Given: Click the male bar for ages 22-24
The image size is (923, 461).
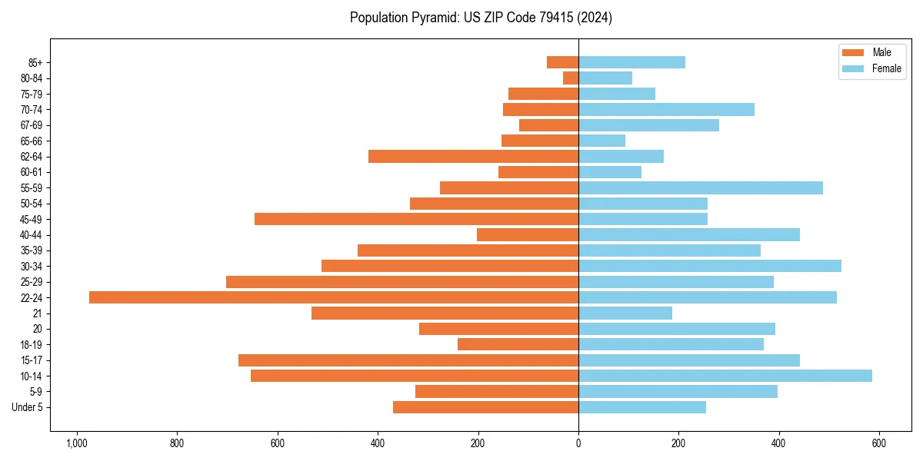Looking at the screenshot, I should click(x=334, y=297).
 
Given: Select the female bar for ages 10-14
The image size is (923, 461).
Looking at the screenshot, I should click(x=725, y=376).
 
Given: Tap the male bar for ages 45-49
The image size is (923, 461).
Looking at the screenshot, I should click(x=416, y=219).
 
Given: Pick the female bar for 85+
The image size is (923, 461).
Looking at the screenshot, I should click(x=631, y=62).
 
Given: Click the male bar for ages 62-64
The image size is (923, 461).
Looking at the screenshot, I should click(x=473, y=156).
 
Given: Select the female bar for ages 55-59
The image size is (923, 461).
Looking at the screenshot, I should click(x=701, y=187).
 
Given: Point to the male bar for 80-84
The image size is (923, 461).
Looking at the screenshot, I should click(x=571, y=78).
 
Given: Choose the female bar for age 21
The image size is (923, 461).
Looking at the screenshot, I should click(x=625, y=313).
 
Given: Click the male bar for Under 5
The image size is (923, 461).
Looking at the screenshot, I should click(x=485, y=407).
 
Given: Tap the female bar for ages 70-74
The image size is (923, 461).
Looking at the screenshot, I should click(x=666, y=109).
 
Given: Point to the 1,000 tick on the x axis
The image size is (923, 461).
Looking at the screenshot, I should click(x=77, y=443).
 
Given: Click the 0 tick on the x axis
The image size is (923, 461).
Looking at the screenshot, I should click(x=578, y=443).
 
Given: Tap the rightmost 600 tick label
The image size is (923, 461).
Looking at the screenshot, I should click(x=879, y=443).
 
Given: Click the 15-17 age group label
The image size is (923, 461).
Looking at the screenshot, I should click(x=32, y=360).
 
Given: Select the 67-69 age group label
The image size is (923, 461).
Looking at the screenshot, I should click(x=32, y=125).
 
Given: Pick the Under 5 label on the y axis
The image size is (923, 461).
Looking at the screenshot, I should click(x=28, y=407).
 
